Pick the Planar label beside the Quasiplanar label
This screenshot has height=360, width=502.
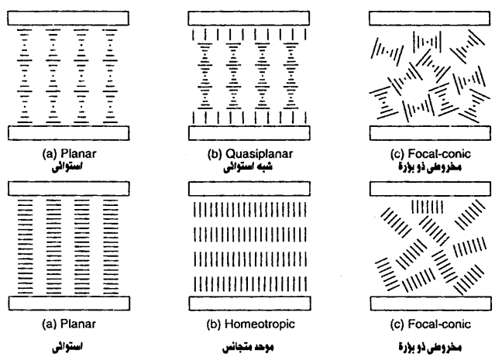pos(78,152)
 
